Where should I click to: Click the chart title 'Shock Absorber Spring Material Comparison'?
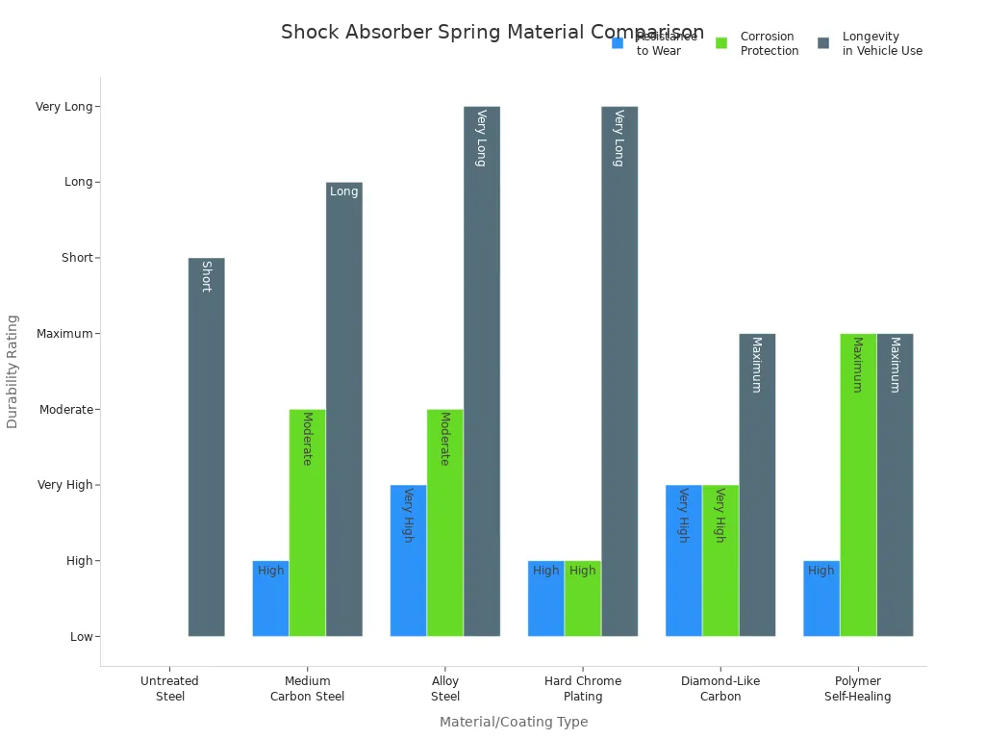(492, 33)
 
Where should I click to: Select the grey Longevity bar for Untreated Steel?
(206, 446)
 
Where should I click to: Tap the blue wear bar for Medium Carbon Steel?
(270, 598)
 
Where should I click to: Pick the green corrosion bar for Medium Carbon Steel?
(307, 522)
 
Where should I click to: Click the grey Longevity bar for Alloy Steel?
(481, 370)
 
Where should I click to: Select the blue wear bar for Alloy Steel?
(408, 560)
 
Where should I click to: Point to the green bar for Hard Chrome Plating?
(582, 598)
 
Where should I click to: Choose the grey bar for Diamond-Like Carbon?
(757, 484)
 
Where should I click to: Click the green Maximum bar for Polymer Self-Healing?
(858, 484)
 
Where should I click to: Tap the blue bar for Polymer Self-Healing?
(821, 598)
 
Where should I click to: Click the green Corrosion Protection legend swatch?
(721, 43)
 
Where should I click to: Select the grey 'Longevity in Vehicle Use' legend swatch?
(823, 43)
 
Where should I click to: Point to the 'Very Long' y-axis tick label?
(63, 107)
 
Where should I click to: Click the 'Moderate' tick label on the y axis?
(65, 410)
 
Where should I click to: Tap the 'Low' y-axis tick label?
(81, 637)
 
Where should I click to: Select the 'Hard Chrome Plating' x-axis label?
(583, 689)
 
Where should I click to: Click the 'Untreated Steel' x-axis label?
(169, 689)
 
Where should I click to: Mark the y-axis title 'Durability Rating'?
(13, 370)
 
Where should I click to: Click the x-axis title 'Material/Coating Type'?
(514, 722)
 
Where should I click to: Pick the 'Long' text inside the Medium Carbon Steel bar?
(343, 191)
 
